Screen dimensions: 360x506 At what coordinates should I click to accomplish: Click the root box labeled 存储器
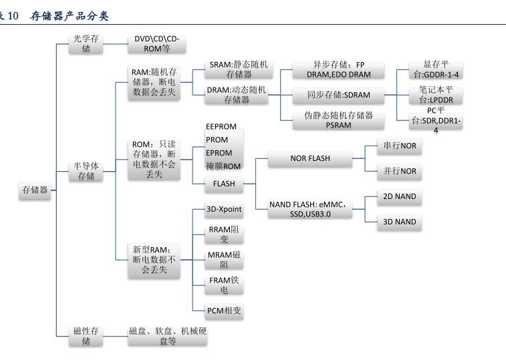click(x=35, y=190)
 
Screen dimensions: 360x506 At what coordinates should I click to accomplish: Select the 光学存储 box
click(x=86, y=44)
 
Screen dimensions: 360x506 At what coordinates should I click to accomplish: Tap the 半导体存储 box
click(x=86, y=171)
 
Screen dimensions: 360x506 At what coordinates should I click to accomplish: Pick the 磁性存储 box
click(x=86, y=336)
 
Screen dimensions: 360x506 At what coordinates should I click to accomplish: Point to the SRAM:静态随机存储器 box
click(x=238, y=69)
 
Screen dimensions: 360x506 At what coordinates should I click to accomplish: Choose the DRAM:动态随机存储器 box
click(x=237, y=94)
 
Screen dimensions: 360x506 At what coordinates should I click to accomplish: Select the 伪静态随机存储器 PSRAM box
click(x=339, y=120)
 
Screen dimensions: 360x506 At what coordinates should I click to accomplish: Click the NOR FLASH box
click(x=309, y=158)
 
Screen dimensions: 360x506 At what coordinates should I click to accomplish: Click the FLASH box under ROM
click(x=224, y=183)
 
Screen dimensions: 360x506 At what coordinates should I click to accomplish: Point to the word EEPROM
click(x=221, y=126)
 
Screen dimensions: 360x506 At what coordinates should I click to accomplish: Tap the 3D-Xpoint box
click(x=224, y=209)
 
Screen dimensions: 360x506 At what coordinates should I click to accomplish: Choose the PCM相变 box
click(x=224, y=311)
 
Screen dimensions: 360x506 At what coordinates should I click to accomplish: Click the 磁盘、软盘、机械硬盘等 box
click(x=168, y=336)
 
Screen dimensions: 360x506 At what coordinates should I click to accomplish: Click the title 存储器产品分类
click(x=70, y=15)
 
